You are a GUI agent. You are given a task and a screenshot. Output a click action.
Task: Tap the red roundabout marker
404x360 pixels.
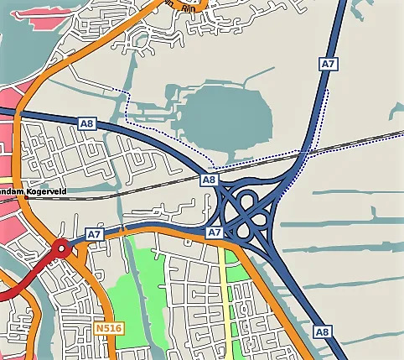[60, 248]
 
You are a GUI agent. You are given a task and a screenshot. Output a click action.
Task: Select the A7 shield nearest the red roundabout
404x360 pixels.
[94, 234]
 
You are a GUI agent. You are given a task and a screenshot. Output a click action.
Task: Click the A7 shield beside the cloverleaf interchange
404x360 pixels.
[214, 232]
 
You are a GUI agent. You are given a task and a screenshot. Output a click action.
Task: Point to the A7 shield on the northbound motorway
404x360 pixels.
[328, 64]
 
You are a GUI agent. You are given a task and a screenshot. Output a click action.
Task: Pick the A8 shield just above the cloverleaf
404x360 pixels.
[210, 180]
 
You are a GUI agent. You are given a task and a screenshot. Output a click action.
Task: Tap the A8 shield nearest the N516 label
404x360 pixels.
[321, 332]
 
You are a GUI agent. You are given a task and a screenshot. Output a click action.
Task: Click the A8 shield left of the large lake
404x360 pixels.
[86, 123]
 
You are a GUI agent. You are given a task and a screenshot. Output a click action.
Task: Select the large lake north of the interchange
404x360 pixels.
[226, 117]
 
